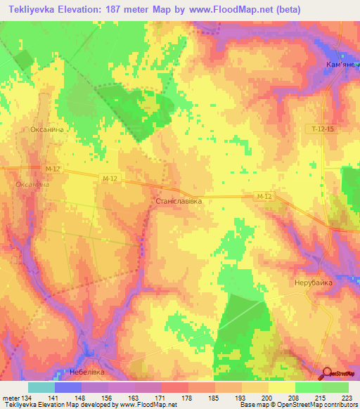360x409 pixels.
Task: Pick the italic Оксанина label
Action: tap(32, 184)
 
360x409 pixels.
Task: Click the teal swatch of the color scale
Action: tap(41, 387)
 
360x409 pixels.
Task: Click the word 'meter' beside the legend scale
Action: tap(10, 398)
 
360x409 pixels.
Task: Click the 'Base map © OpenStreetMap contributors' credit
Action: tap(297, 405)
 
